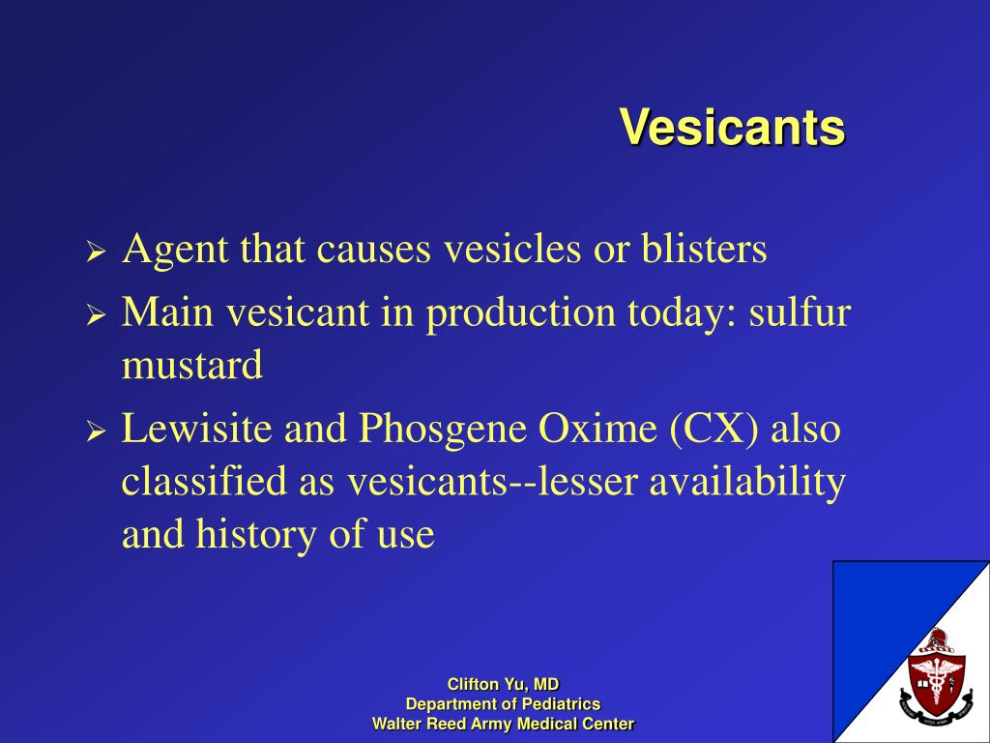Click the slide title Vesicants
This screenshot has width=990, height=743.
pyautogui.click(x=732, y=127)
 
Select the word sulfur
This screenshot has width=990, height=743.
pyautogui.click(x=800, y=312)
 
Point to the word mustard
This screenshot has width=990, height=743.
pyautogui.click(x=191, y=366)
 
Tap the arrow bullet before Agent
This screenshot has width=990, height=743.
pyautogui.click(x=95, y=253)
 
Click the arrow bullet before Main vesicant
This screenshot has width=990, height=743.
pyautogui.click(x=95, y=316)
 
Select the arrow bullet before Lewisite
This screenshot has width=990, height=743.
pyautogui.click(x=95, y=432)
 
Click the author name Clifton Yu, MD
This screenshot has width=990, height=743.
pyautogui.click(x=503, y=684)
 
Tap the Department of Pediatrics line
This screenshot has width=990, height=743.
pyautogui.click(x=503, y=703)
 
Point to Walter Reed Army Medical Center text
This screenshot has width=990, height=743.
pyautogui.click(x=503, y=724)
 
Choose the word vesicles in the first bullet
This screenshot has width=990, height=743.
pyautogui.click(x=511, y=250)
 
